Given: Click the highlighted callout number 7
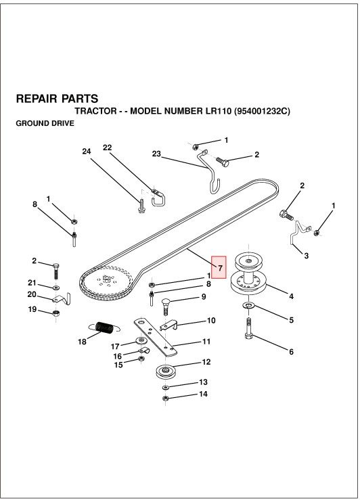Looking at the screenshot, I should click(219, 269).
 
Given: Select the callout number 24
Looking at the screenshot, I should click(86, 152).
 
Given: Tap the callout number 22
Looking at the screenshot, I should click(107, 147).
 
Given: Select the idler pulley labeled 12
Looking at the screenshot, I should click(165, 372).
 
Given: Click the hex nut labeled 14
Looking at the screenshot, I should click(166, 399).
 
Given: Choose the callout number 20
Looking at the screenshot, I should click(32, 294).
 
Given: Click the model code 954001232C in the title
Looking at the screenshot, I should click(261, 111).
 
